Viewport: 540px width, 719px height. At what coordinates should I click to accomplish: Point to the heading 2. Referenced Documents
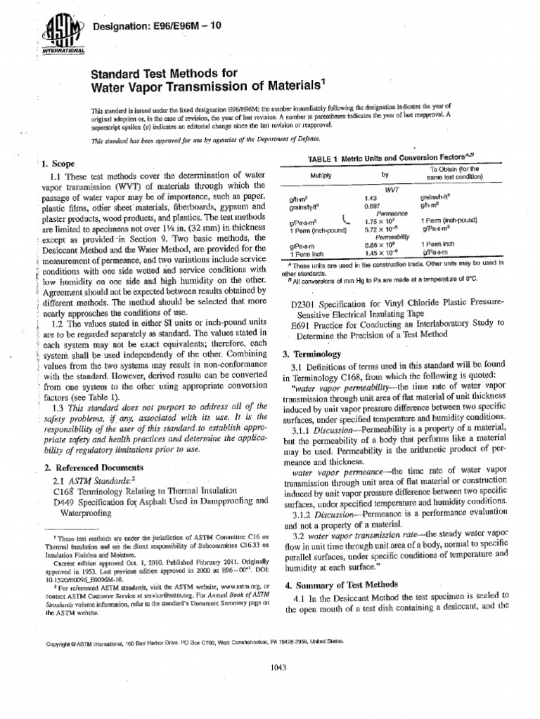(94, 467)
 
